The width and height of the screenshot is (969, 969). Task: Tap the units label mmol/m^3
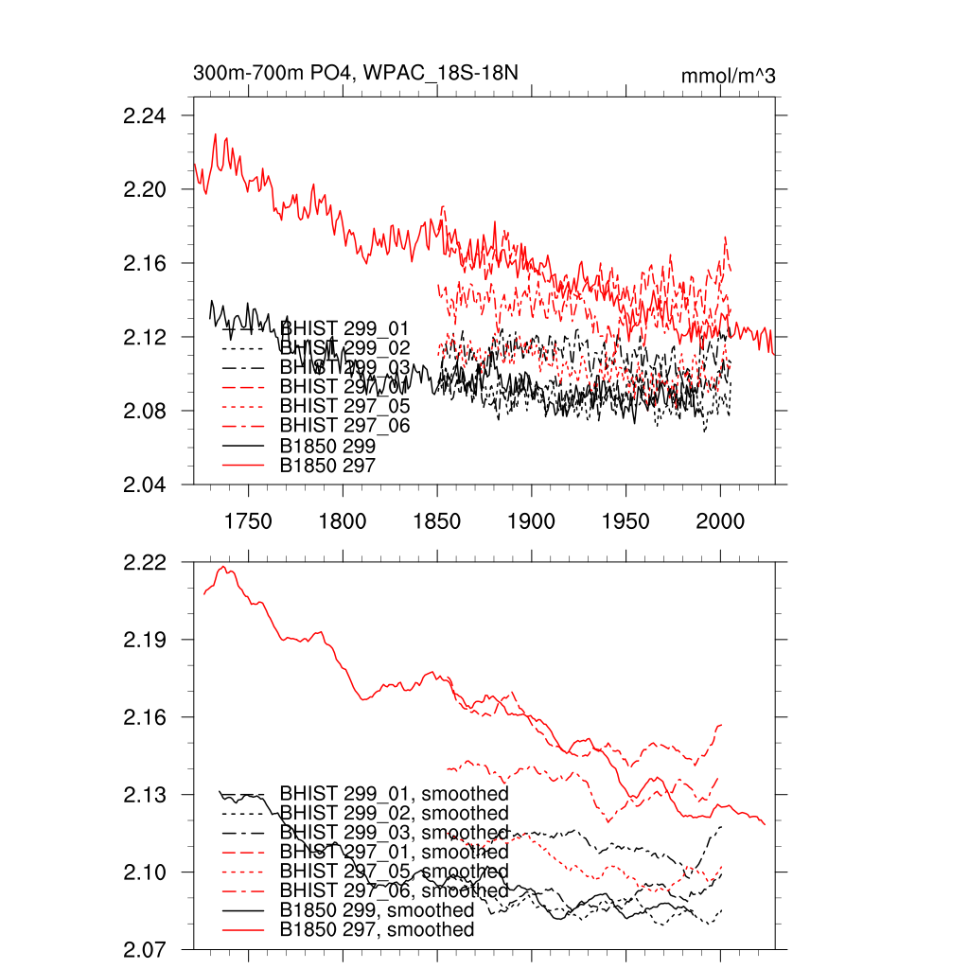pos(728,76)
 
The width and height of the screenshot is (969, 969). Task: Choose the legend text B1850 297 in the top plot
pos(328,465)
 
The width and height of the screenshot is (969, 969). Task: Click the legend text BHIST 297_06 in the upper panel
pos(344,426)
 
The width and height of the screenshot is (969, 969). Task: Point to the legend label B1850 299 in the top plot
pos(328,445)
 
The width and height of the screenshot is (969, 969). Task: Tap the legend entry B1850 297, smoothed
pos(377,929)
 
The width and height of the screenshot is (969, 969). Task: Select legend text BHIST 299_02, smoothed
pos(394,813)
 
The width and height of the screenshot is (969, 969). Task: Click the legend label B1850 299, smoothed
pos(377,909)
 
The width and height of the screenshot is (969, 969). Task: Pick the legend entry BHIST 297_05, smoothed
pos(394,871)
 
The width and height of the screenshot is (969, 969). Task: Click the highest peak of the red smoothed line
pos(224,567)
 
